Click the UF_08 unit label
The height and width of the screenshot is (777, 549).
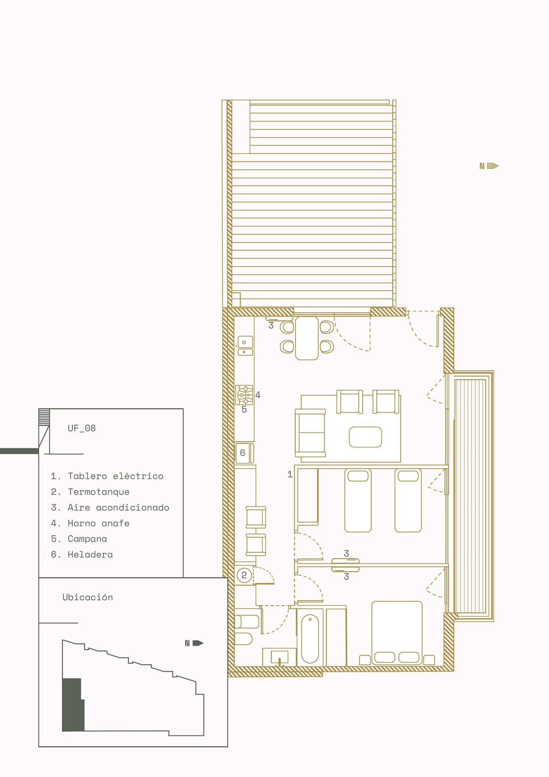pyautogui.click(x=82, y=428)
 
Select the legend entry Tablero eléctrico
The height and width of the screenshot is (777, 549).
pyautogui.click(x=107, y=476)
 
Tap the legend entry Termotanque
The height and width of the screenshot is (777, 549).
pyautogui.click(x=90, y=492)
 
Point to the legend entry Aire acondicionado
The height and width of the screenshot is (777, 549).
pyautogui.click(x=110, y=507)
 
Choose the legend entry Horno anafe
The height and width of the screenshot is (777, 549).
pyautogui.click(x=90, y=523)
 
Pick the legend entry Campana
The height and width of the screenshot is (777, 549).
pyautogui.click(x=79, y=539)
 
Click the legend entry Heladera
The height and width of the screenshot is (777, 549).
pyautogui.click(x=82, y=554)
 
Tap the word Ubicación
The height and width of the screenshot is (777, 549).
pyautogui.click(x=88, y=597)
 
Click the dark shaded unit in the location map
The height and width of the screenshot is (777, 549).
pyautogui.click(x=73, y=705)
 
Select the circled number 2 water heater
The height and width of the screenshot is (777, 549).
pyautogui.click(x=244, y=575)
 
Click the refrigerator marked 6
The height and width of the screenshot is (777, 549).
pyautogui.click(x=244, y=453)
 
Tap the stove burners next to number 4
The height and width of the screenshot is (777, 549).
pyautogui.click(x=245, y=395)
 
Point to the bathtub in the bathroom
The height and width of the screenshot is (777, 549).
pyautogui.click(x=310, y=638)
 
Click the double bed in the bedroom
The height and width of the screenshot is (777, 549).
pyautogui.click(x=397, y=633)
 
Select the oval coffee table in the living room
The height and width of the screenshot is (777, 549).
pyautogui.click(x=365, y=437)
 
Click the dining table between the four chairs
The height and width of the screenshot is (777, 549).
pyautogui.click(x=307, y=338)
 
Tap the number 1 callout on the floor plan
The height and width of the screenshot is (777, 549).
pyautogui.click(x=290, y=474)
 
